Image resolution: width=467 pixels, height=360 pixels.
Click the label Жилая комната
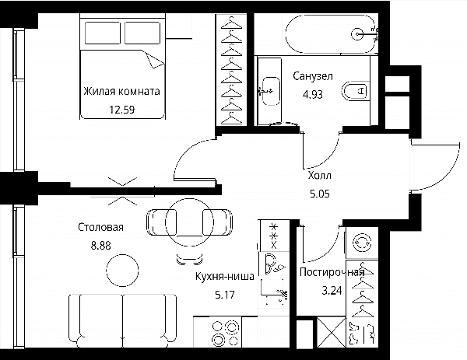click(x=121, y=91)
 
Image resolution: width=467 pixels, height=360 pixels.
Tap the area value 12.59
click(x=122, y=110)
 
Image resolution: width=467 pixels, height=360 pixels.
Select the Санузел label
click(x=313, y=76)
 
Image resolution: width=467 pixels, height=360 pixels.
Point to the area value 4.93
click(x=313, y=94)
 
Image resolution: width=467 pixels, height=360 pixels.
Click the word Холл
click(x=320, y=175)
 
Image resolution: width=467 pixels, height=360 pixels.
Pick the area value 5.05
click(x=320, y=194)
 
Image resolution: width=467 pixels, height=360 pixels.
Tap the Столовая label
click(x=100, y=227)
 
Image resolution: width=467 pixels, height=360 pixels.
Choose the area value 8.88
click(x=101, y=246)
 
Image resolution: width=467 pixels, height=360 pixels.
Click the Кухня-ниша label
click(x=225, y=276)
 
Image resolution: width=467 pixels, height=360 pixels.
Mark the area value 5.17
click(x=225, y=295)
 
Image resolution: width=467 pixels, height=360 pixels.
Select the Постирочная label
click(x=332, y=272)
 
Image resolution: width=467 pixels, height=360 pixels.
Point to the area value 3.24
click(x=332, y=290)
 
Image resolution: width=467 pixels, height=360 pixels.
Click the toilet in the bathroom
click(x=354, y=91)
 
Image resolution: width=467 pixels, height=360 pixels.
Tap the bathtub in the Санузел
click(x=331, y=34)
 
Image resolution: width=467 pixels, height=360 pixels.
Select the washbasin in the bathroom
click(x=270, y=91)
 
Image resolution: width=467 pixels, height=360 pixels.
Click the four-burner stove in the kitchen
click(x=226, y=332)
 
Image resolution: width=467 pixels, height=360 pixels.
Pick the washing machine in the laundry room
click(x=362, y=243)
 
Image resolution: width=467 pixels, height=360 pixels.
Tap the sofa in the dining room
click(x=122, y=320)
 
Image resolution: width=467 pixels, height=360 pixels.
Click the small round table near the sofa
click(x=122, y=270)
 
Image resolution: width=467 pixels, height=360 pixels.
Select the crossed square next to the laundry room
click(x=332, y=332)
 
